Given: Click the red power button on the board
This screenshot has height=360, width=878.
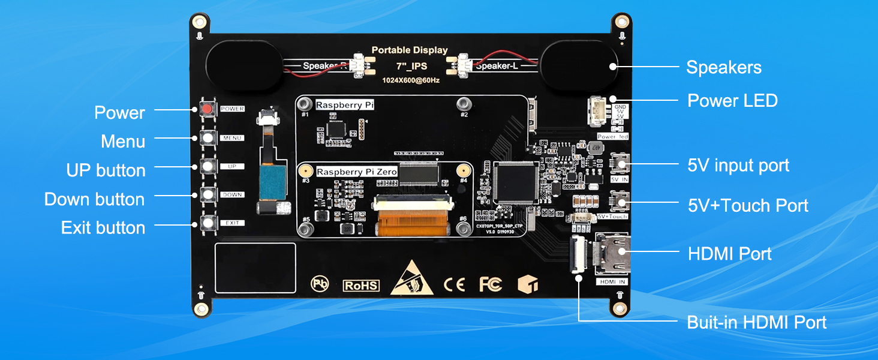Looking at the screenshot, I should tap(208, 109).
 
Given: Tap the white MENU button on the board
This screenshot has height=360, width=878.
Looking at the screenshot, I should tap(208, 138).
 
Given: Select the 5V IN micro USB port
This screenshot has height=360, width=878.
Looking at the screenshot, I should tap(619, 163).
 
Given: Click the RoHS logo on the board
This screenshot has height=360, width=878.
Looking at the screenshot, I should tap(361, 286).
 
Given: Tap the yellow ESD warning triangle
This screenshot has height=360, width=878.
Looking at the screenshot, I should tap(412, 280).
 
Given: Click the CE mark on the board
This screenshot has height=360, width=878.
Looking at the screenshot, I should tap(454, 284).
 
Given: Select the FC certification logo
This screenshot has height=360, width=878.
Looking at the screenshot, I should tap(490, 284).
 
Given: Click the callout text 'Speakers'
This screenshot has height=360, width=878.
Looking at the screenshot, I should tap(724, 67).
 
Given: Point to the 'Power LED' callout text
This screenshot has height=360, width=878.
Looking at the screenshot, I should tap(732, 100).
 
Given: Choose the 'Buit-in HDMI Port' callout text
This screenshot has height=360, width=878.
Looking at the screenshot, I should tap(756, 322).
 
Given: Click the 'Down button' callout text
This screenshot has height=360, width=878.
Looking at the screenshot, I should tap(94, 199).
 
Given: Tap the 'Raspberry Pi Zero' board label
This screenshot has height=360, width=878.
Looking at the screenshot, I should tap(356, 172).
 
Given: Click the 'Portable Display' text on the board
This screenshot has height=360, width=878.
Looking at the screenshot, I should tap(410, 50).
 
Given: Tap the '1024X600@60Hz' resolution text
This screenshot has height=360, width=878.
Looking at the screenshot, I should tap(411, 80).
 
